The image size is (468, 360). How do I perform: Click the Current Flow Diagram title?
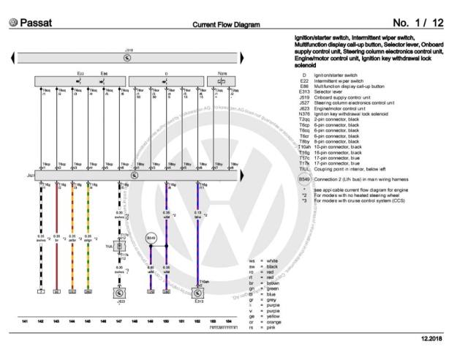click(226, 25)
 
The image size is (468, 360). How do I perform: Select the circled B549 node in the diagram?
click(151, 239)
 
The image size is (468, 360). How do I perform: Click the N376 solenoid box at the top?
click(222, 81)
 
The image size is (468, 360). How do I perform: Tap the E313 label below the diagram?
click(199, 300)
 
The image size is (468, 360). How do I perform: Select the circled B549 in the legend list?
click(304, 179)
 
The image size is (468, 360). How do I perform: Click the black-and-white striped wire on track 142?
click(41, 234)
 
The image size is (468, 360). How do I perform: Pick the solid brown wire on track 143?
click(57, 234)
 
